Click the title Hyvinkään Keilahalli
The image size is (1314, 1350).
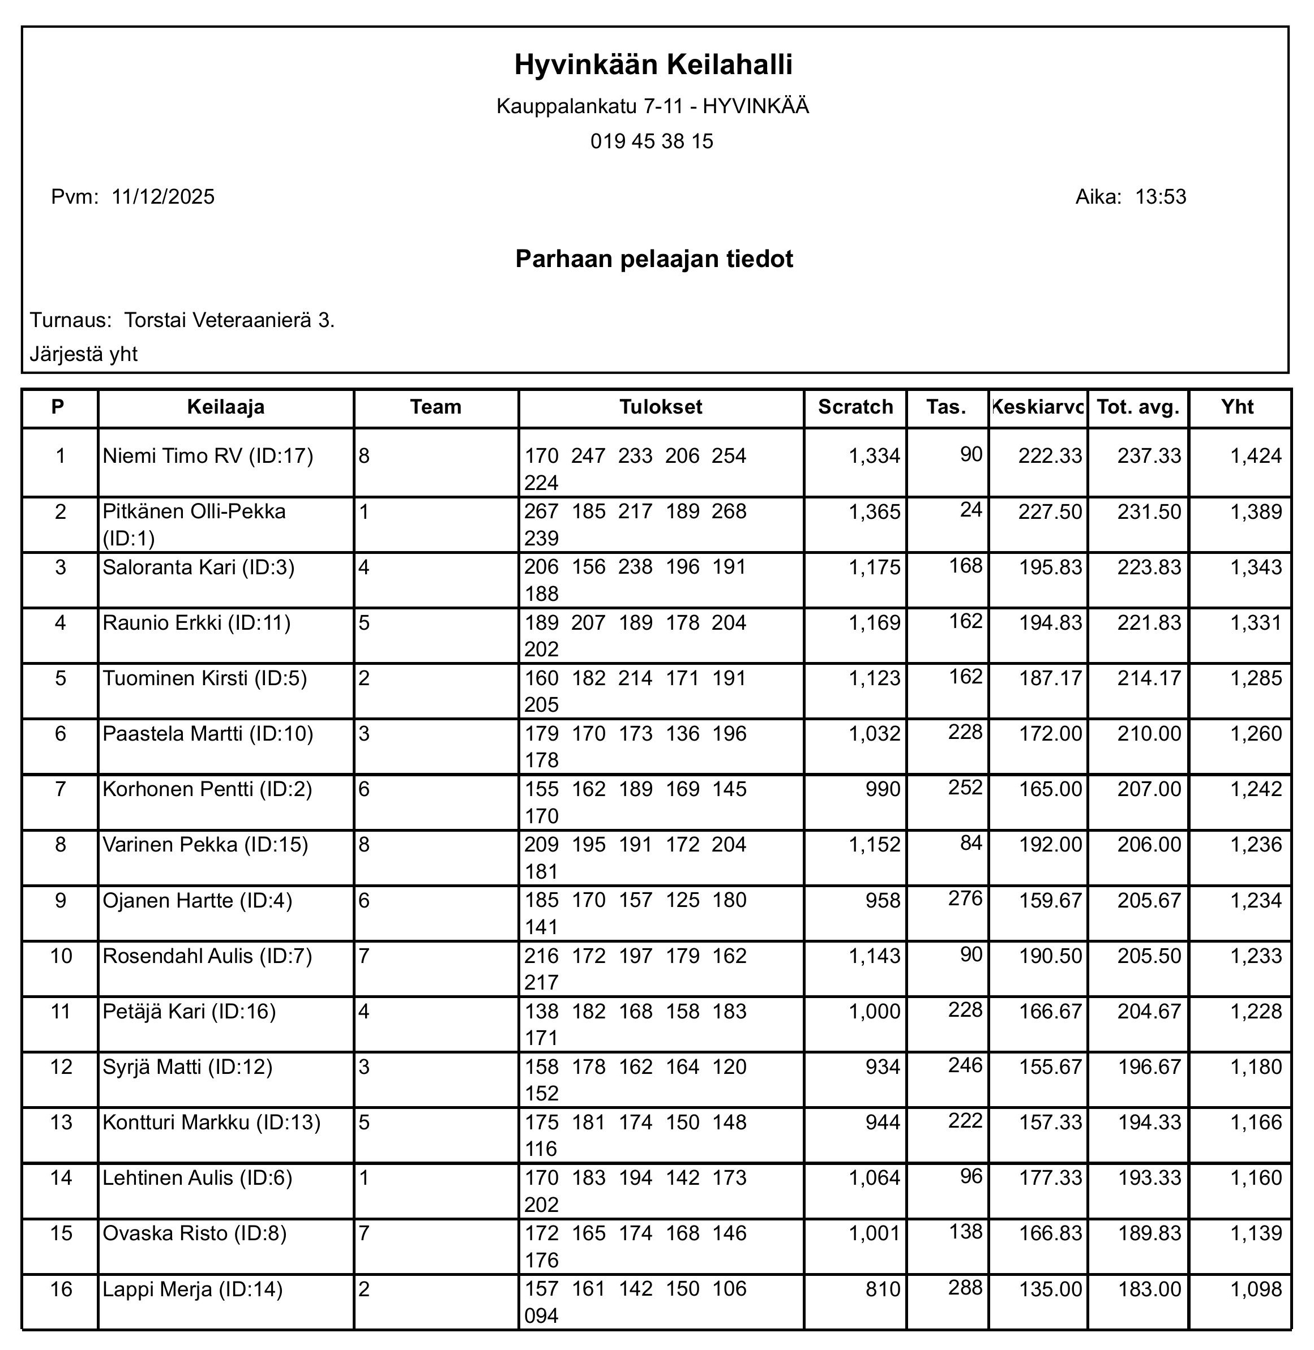click(x=653, y=65)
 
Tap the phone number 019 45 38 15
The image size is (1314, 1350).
click(x=652, y=141)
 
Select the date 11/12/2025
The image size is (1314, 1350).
click(x=163, y=197)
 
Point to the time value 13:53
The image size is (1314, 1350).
click(x=1161, y=197)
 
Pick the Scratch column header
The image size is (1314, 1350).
click(x=855, y=407)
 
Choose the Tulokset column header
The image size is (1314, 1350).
click(x=661, y=407)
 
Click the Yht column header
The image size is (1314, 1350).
click(x=1238, y=407)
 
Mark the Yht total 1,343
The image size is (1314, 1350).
click(x=1256, y=567)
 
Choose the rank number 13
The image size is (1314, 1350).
click(x=61, y=1123)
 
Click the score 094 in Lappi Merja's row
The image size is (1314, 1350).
click(x=541, y=1316)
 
